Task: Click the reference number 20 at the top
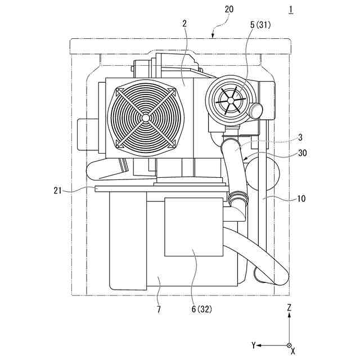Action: point(229,10)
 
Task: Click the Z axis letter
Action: point(289,308)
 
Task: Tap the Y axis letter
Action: point(254,344)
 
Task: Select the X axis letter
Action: point(293,352)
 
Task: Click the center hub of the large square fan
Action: point(146,117)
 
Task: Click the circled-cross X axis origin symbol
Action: point(289,345)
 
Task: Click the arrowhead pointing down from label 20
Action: point(213,36)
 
